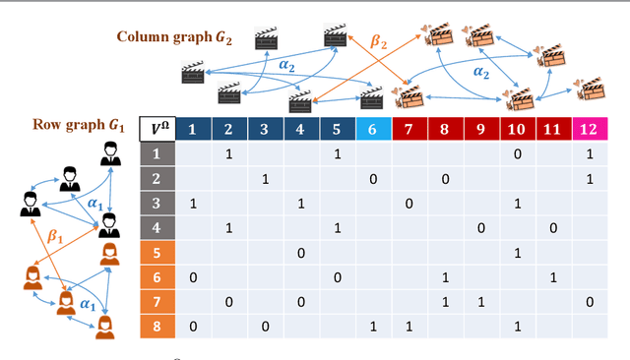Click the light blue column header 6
tap(372, 129)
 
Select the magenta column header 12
tap(590, 129)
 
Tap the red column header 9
tap(481, 129)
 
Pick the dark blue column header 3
tap(264, 129)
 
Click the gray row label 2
tap(156, 179)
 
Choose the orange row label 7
tap(156, 303)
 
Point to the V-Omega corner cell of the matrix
tap(156, 129)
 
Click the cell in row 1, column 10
tap(518, 154)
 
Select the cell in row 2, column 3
tap(264, 179)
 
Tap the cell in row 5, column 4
tap(300, 254)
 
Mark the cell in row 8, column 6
tap(372, 327)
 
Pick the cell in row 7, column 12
tap(590, 303)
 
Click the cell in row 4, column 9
tap(481, 228)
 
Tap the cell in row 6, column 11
tap(553, 278)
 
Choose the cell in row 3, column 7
tap(409, 204)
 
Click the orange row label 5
tap(156, 254)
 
